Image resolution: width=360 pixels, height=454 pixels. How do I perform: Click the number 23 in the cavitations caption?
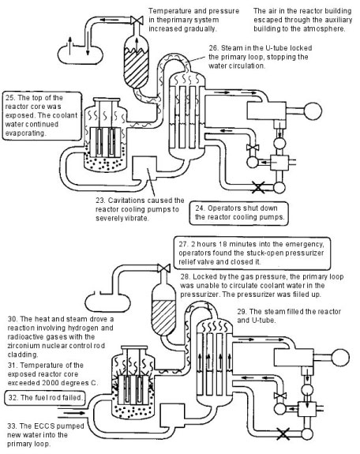point(100,201)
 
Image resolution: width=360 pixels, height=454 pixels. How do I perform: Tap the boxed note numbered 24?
point(239,213)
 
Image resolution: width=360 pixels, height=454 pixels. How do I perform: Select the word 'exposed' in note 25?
point(17,115)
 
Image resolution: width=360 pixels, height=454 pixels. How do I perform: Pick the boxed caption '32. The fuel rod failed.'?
point(45,397)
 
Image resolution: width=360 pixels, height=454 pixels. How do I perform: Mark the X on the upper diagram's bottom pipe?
point(258,187)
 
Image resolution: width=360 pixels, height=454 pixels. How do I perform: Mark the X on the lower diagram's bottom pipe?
point(283,433)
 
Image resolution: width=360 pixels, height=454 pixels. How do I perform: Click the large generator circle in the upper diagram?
point(313,111)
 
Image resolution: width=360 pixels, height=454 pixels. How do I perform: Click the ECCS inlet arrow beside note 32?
point(74,413)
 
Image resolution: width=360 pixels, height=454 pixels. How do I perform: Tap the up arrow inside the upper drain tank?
point(69,46)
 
